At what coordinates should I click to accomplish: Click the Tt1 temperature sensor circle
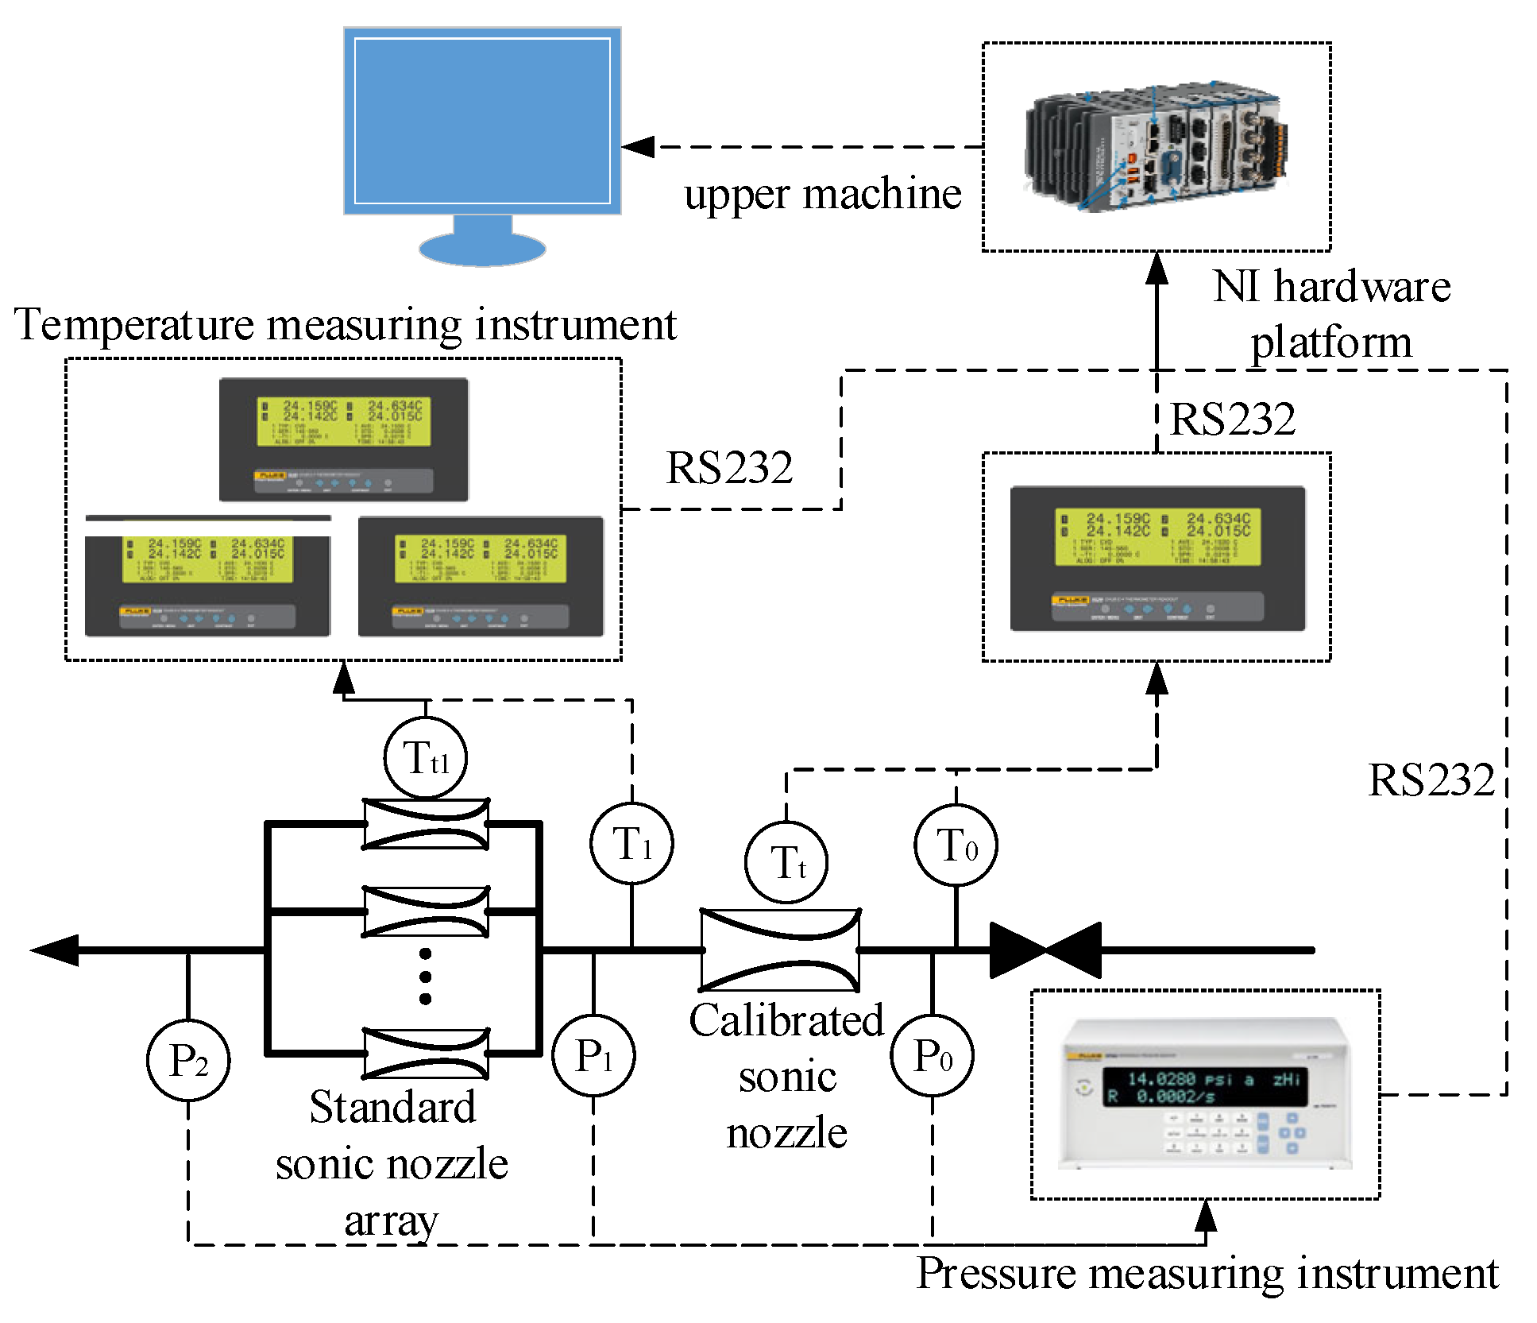[x=425, y=758]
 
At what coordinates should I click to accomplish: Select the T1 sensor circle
[x=631, y=843]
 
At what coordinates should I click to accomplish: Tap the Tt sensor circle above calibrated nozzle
[x=786, y=862]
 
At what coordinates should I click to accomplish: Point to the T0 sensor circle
[x=956, y=845]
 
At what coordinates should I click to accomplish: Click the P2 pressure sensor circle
[x=188, y=1060]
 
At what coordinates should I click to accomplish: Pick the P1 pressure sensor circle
[x=593, y=1056]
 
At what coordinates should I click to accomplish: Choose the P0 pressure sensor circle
[x=932, y=1056]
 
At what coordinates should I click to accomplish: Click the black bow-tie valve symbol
[x=1045, y=950]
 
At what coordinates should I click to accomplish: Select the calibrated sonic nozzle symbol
[x=780, y=950]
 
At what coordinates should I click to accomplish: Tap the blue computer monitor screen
[x=482, y=121]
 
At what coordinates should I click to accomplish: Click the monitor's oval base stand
[x=482, y=248]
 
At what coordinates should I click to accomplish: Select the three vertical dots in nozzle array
[x=426, y=976]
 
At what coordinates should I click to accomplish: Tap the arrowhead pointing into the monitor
[x=638, y=147]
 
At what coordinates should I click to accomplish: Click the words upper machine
[x=822, y=194]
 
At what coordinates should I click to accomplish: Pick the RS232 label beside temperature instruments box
[x=728, y=467]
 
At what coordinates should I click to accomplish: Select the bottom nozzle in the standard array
[x=426, y=1054]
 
